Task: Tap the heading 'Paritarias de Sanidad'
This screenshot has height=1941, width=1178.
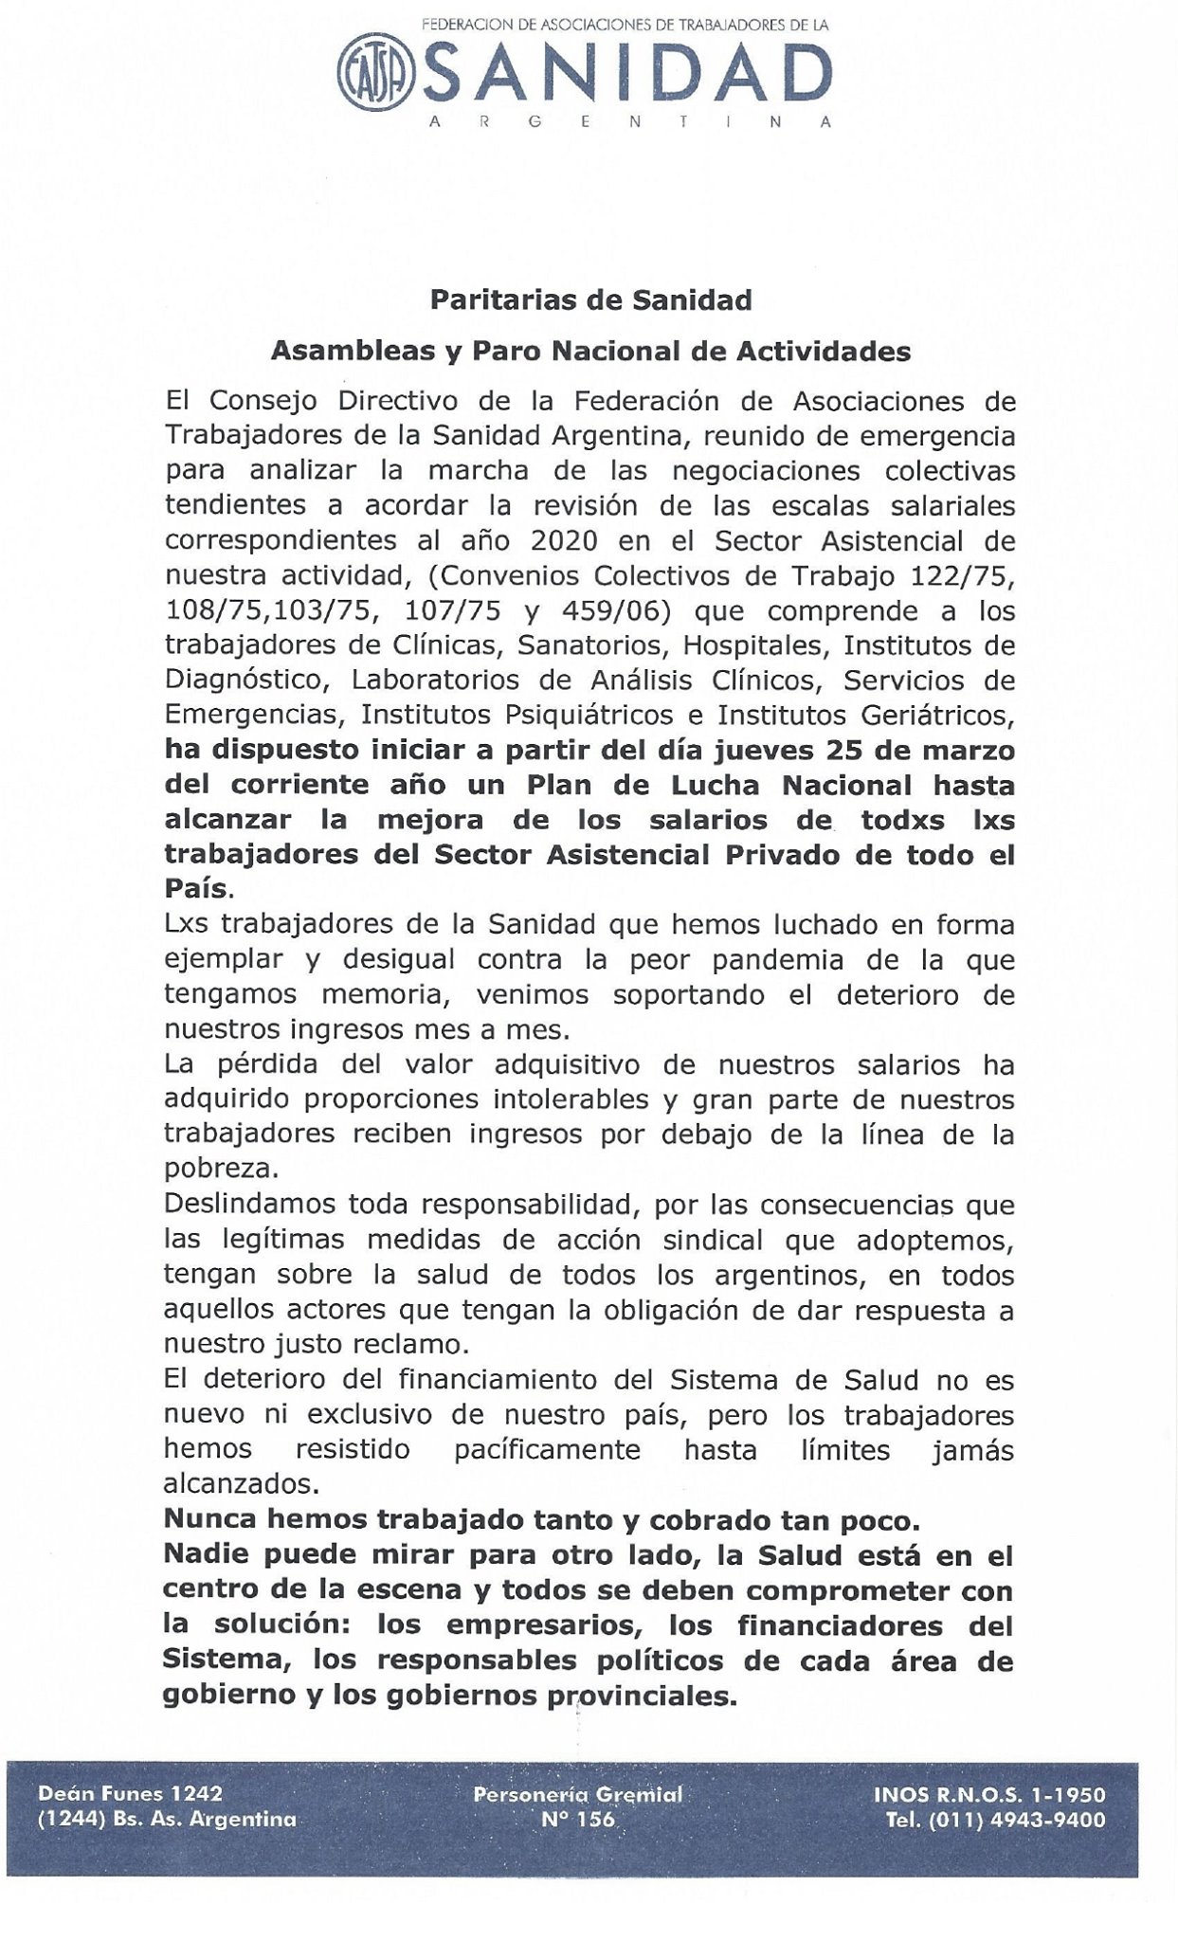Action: point(590,300)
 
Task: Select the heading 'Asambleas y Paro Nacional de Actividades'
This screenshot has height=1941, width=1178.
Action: point(590,352)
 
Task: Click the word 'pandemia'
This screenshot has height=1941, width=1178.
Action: point(767,960)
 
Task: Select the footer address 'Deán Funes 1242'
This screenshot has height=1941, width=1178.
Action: point(130,1794)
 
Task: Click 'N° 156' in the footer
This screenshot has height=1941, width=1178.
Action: point(577,1820)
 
